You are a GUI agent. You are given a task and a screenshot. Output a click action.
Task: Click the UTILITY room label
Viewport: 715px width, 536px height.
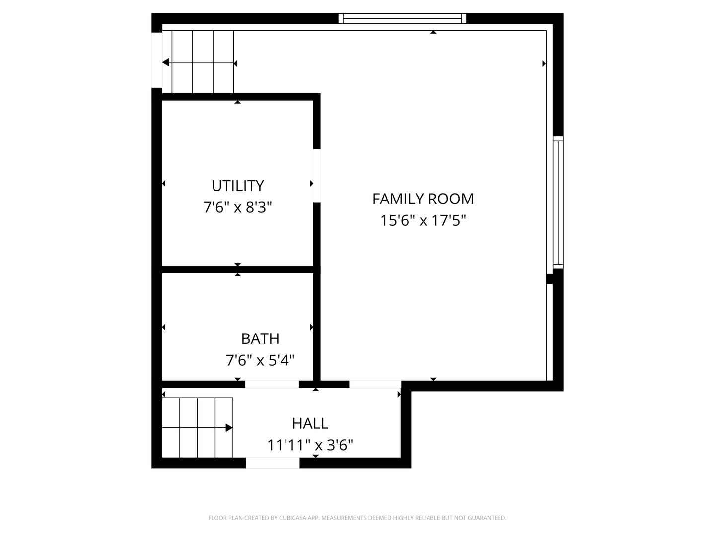click(x=237, y=186)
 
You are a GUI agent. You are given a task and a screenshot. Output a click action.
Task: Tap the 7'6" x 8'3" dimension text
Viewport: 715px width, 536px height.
click(x=237, y=207)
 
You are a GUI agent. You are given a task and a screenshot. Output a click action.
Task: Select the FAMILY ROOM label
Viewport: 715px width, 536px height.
click(x=423, y=199)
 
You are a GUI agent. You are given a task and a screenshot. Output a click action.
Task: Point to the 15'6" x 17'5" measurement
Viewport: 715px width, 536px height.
click(x=423, y=220)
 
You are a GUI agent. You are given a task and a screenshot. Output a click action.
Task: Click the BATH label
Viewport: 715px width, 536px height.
click(x=260, y=338)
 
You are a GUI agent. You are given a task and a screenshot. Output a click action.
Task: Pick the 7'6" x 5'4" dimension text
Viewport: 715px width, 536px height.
click(x=260, y=360)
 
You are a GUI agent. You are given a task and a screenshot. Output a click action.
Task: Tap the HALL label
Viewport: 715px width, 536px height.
click(x=310, y=423)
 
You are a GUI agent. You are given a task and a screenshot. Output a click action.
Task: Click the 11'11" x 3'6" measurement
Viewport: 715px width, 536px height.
click(x=310, y=445)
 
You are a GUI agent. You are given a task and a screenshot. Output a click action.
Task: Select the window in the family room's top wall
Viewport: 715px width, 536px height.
click(x=402, y=19)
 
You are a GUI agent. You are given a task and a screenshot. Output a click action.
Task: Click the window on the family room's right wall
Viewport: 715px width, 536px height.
click(x=558, y=202)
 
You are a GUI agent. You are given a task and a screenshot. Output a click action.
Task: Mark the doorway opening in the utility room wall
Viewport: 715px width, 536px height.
click(x=317, y=176)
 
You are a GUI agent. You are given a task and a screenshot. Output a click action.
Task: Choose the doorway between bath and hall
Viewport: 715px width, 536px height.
click(x=272, y=384)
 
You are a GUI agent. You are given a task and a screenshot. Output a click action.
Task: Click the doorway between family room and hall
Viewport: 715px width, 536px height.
click(x=375, y=384)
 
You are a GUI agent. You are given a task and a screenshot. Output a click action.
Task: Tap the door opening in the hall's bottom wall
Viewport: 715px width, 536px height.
click(x=273, y=463)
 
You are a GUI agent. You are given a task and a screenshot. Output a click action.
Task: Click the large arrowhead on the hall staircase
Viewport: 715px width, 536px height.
click(x=229, y=428)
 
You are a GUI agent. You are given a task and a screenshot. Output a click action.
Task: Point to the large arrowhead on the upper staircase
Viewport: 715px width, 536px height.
click(x=166, y=62)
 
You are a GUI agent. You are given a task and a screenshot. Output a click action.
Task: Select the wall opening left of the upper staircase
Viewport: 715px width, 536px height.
click(x=156, y=60)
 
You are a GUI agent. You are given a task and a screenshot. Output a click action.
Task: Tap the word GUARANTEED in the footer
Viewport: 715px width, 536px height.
click(x=488, y=518)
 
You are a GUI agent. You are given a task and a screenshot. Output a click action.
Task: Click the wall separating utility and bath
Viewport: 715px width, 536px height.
click(x=237, y=269)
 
